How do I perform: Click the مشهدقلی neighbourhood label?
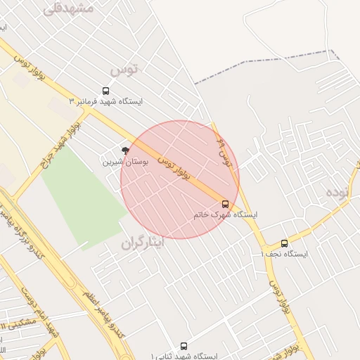68,9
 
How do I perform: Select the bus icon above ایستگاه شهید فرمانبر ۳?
105,91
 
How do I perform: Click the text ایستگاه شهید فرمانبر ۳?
105,101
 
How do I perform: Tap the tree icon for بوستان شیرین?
125,150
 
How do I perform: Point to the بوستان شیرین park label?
124,161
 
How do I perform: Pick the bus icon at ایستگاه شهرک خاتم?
225,204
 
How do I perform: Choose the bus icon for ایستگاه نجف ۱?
284,243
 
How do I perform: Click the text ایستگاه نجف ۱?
284,253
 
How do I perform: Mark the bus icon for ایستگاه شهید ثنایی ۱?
184,346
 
